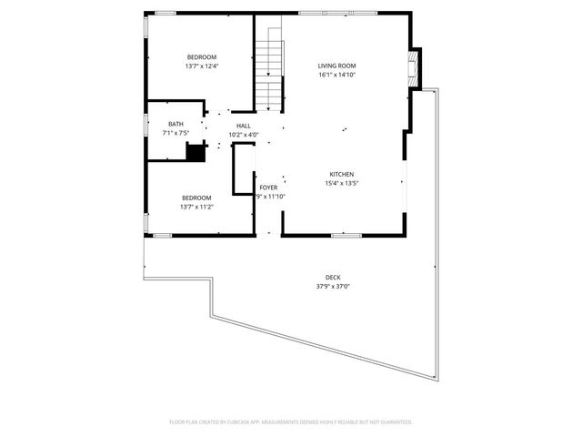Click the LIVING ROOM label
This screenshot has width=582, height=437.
tap(336, 66)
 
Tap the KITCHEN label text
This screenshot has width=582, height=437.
tap(341, 174)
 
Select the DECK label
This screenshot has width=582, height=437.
tap(334, 278)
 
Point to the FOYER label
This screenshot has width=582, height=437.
tap(268, 188)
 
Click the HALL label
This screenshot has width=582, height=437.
tap(244, 126)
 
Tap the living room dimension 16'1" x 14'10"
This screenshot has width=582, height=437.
tap(336, 75)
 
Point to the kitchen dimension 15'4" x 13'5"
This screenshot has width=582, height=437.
tap(341, 183)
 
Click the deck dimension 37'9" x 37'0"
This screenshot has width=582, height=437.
tap(334, 287)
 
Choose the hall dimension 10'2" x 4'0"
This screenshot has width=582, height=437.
tap(244, 135)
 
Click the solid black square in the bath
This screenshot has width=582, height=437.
tap(194, 152)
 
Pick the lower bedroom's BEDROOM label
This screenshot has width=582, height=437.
tap(196, 198)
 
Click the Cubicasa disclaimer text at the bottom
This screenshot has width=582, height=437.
tap(291, 422)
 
